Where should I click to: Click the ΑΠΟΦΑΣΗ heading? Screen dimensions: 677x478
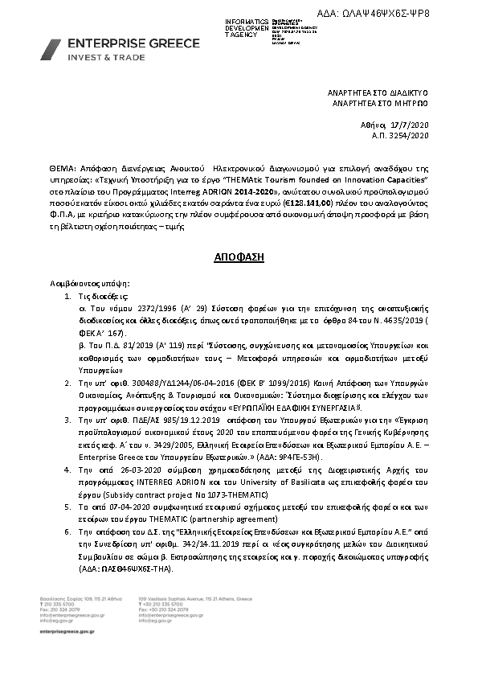pyautogui.click(x=238, y=258)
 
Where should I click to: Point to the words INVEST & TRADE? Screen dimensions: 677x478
pyautogui.click(x=100, y=59)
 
